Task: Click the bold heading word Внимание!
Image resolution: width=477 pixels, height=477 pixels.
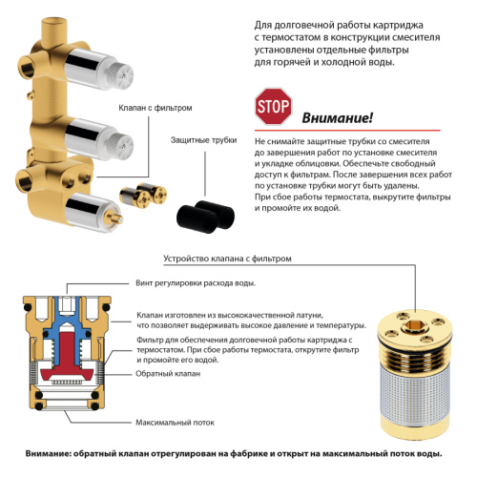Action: point(337,117)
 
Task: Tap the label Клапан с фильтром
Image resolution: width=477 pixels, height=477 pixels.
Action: point(156,109)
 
